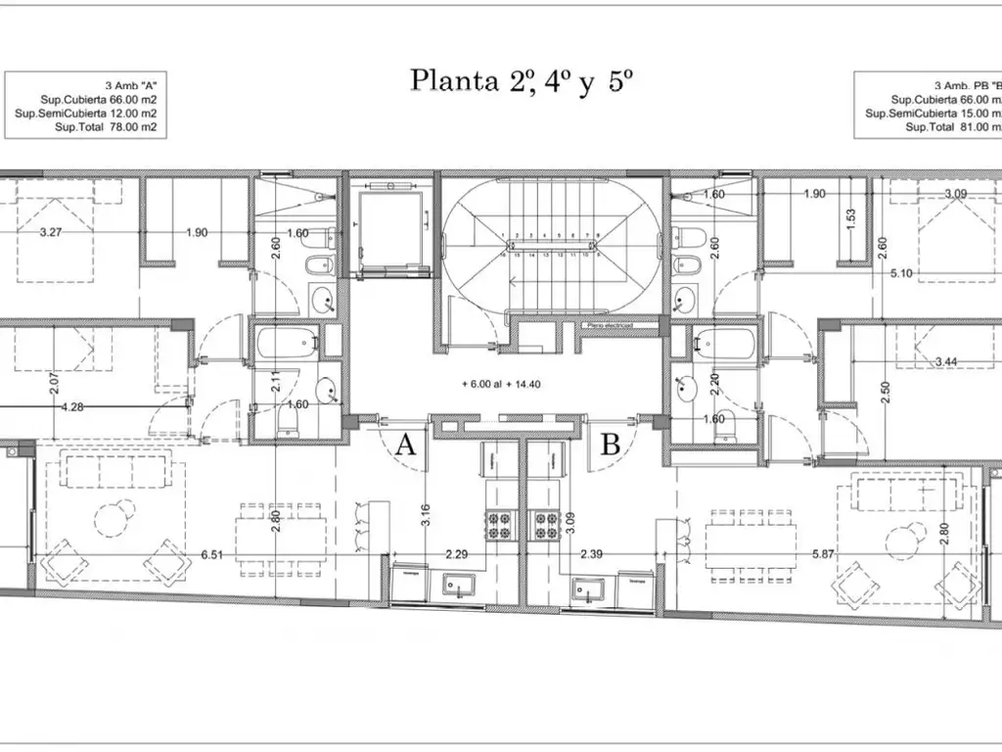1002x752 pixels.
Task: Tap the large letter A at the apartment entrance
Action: pos(407,446)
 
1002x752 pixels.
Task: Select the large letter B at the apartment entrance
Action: pos(611,446)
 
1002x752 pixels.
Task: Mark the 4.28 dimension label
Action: pos(72,406)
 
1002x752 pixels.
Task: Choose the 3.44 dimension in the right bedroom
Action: pos(945,362)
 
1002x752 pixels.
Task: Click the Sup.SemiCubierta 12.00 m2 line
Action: pos(86,114)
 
